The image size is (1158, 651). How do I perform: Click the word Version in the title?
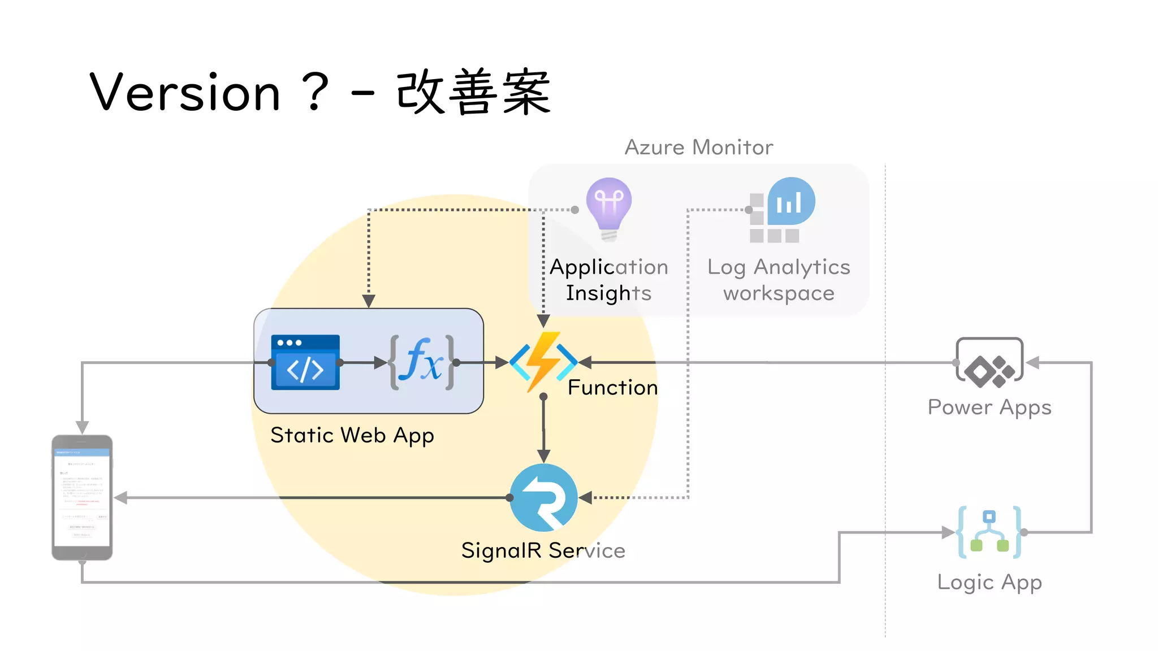point(185,92)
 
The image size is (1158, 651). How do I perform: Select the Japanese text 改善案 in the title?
point(473,92)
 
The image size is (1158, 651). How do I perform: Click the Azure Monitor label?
point(698,147)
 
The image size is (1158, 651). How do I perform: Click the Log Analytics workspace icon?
point(783,210)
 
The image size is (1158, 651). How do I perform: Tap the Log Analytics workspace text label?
point(779,280)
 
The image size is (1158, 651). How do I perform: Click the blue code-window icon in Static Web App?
point(305,362)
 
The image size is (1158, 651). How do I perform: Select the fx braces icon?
point(421,362)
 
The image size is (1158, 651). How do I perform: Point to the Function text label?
point(613,388)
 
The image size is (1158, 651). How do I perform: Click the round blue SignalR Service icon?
point(543,497)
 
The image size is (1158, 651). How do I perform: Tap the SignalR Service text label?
point(543,550)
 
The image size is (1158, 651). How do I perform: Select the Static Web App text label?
point(352,436)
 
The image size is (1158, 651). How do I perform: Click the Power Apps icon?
point(990,363)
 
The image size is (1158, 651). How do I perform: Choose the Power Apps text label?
point(990,407)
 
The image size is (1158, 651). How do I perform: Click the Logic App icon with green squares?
point(990,532)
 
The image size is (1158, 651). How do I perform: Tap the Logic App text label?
point(990,582)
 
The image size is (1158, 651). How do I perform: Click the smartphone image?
point(82,497)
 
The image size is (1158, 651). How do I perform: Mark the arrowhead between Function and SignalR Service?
point(543,456)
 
